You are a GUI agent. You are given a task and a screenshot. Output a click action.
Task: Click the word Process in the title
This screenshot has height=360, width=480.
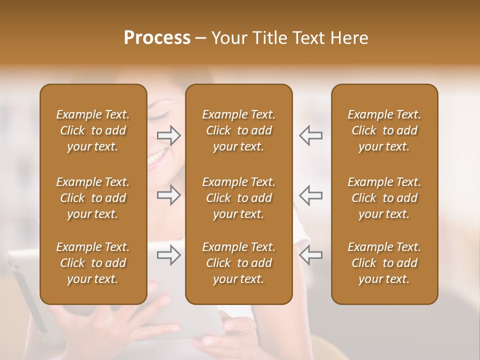tap(157, 37)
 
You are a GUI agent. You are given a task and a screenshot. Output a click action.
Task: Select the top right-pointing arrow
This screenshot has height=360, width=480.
tap(169, 135)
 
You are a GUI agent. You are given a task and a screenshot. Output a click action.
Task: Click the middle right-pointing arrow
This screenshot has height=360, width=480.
tap(169, 195)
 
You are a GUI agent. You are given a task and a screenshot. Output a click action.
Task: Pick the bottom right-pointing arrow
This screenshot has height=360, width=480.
tap(169, 255)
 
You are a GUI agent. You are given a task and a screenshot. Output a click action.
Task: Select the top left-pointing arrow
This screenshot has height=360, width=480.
tap(311, 135)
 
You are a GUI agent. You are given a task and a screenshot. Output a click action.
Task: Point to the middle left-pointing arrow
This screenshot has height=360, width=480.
tap(311, 195)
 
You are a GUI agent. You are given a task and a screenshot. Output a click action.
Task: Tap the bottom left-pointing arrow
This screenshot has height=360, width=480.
tap(311, 255)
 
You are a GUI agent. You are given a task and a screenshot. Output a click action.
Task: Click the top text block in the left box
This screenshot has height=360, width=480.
tap(93, 130)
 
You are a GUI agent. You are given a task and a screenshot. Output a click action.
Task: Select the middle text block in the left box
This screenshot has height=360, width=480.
tap(93, 198)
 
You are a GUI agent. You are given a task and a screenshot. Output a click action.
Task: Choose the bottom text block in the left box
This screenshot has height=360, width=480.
tap(93, 263)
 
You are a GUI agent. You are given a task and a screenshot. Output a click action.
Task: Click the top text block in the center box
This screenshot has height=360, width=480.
tap(239, 130)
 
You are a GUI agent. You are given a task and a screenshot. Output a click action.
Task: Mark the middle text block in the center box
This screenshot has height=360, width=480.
tap(239, 198)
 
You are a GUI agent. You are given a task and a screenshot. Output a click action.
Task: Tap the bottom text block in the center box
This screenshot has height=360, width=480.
tap(239, 263)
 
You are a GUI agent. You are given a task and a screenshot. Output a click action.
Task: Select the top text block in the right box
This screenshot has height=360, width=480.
tap(384, 130)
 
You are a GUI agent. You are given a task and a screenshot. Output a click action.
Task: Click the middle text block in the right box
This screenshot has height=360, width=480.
tap(384, 198)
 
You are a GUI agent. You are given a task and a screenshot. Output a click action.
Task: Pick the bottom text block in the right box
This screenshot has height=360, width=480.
tap(384, 263)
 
